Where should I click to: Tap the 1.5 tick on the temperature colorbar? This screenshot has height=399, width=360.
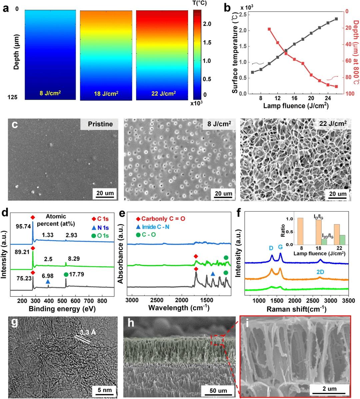pyautogui.click(x=207, y=42)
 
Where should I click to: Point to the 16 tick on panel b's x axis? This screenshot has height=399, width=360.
pyautogui.click(x=294, y=98)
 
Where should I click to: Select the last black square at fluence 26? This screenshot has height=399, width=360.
pyautogui.click(x=336, y=19)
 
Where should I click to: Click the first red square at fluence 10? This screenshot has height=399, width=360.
pyautogui.click(x=269, y=29)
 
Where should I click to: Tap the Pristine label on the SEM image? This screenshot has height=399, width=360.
pyautogui.click(x=100, y=124)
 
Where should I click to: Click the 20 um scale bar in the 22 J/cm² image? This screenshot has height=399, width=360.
pyautogui.click(x=337, y=194)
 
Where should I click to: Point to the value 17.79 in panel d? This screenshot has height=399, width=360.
pyautogui.click(x=76, y=275)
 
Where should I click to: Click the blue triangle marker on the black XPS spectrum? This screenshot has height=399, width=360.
pyautogui.click(x=48, y=282)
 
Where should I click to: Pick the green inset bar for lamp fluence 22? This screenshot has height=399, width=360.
pyautogui.click(x=342, y=240)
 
